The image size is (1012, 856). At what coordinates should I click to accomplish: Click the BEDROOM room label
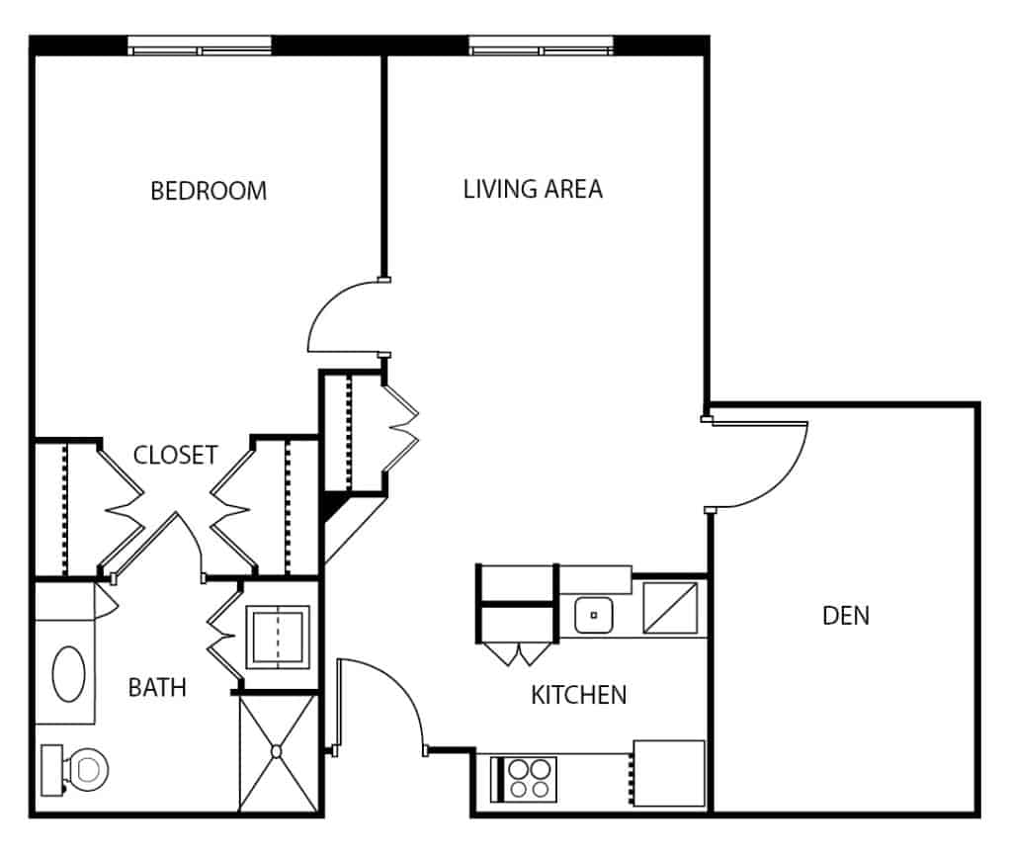point(209,191)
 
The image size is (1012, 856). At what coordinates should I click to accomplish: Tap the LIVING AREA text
point(533,189)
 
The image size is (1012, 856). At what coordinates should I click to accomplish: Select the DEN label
point(846,615)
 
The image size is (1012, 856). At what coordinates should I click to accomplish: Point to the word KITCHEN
point(579,695)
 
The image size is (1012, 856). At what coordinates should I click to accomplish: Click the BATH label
point(157,688)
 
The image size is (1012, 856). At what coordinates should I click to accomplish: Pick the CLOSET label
point(175,455)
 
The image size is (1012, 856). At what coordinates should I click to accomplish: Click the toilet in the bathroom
point(75,769)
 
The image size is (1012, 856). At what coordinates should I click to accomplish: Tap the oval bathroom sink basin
point(68,674)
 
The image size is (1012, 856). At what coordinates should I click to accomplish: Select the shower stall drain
point(277,751)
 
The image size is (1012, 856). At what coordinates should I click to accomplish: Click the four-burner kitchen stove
point(524,779)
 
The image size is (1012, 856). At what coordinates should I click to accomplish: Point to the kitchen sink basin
point(594,615)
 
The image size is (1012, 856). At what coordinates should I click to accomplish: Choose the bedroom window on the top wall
point(200,45)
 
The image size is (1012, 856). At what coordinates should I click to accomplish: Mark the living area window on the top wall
point(541,45)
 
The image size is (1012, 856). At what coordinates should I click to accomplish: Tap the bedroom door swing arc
point(326,302)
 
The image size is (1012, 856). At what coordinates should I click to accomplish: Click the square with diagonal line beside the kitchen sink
point(670,608)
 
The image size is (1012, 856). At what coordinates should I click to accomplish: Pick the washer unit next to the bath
point(278,638)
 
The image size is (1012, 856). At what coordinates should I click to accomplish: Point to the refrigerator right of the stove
point(669,773)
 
